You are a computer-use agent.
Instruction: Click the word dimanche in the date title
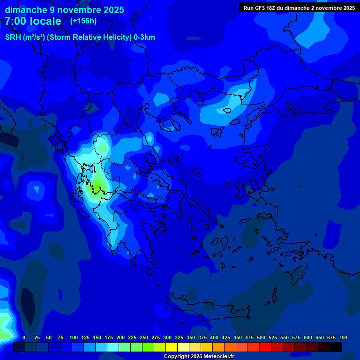click(x=26, y=10)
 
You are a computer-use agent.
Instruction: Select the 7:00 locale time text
click(x=33, y=21)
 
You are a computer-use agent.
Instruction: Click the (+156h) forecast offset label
click(x=83, y=21)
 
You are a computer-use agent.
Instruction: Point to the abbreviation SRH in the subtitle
click(x=13, y=37)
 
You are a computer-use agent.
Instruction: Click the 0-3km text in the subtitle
click(x=144, y=37)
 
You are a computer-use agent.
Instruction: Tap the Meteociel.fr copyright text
click(x=199, y=357)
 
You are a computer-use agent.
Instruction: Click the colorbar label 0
click(x=24, y=337)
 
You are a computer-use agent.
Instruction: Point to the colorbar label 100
click(x=74, y=337)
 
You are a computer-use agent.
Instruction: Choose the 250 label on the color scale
click(x=144, y=337)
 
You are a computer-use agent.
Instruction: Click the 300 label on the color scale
click(x=167, y=337)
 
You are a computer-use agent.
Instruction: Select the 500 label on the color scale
click(x=261, y=337)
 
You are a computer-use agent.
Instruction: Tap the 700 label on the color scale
click(x=343, y=337)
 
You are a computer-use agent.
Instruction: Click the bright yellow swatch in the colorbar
click(x=172, y=347)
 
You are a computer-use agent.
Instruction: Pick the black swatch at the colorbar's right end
click(x=336, y=347)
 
